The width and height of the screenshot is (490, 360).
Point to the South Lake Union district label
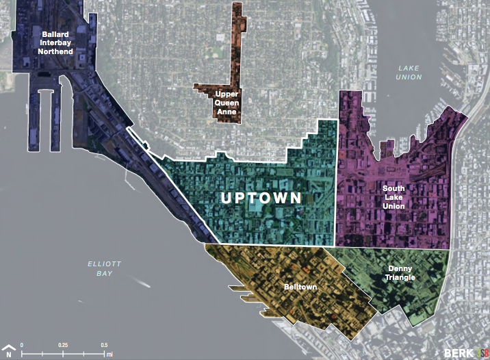(394, 196)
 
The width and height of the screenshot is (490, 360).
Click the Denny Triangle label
(400, 273)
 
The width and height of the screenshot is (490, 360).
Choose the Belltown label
(300, 287)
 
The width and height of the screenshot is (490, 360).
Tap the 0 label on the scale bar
(22, 344)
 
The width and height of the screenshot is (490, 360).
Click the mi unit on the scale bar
(109, 355)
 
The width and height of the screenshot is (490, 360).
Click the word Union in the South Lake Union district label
(394, 206)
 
